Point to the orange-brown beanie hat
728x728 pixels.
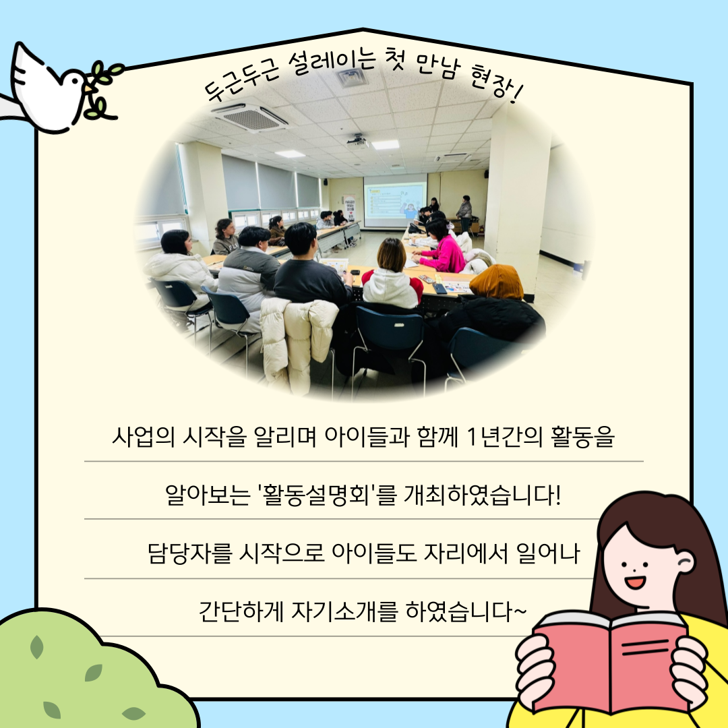tap(496, 281)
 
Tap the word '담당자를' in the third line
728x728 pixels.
tap(189, 553)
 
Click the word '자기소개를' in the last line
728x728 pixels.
tap(344, 611)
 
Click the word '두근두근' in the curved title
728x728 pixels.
tap(241, 81)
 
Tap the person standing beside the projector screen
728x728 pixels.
tap(464, 213)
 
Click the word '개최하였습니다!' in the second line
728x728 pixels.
tap(482, 495)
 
